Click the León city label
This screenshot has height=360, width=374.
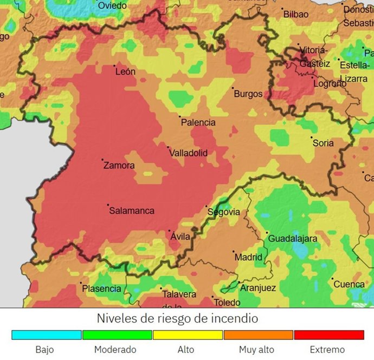tap(125, 72)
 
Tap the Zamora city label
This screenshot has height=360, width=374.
tap(119, 166)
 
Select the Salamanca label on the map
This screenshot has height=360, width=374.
tap(132, 211)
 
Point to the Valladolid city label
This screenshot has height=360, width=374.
tap(188, 153)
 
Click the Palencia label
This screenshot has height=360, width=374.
tap(198, 123)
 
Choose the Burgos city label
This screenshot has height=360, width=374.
tap(248, 94)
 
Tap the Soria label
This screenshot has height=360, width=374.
tap(323, 143)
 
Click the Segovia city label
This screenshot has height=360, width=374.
tap(223, 212)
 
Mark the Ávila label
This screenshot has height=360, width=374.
tap(180, 237)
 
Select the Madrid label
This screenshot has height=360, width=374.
tap(248, 258)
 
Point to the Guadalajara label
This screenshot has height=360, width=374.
tap(293, 239)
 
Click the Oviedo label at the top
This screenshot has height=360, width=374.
tap(112, 6)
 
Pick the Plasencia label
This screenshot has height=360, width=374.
tap(101, 289)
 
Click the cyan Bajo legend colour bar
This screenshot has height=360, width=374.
tap(46, 335)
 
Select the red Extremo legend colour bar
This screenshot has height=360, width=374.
tap(328, 335)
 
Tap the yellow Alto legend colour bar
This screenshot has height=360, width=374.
tap(188, 335)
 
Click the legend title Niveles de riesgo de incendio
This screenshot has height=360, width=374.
tap(177, 318)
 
